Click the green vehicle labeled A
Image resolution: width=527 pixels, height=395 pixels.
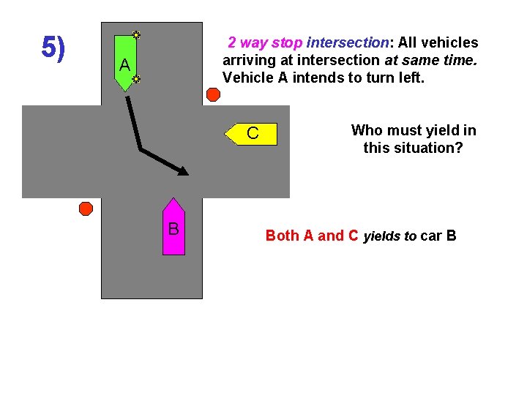pos(125,63)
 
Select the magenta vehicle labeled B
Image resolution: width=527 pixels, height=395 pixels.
pos(173,227)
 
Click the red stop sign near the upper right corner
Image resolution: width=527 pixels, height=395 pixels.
pos(213,94)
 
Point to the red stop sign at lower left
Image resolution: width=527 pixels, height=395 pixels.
pos(86,208)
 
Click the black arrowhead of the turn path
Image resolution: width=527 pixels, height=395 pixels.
pos(183,172)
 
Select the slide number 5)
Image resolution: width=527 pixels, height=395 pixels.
pos(53,48)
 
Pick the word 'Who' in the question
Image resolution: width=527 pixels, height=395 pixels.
pos(367,131)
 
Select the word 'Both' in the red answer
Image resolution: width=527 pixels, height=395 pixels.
pos(282,236)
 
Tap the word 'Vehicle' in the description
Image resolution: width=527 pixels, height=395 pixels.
pos(247,78)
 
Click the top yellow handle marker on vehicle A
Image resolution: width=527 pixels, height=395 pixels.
pos(136,34)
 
